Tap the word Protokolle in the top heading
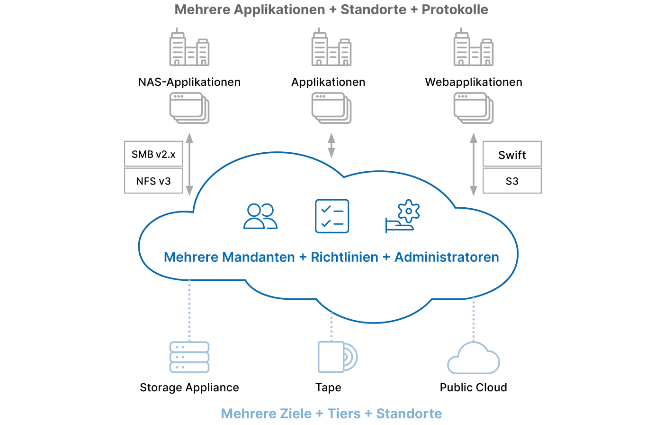[455, 10]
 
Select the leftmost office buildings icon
[189, 48]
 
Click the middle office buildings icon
[331, 48]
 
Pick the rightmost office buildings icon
[474, 48]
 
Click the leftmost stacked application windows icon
[189, 108]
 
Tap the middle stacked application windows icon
[331, 108]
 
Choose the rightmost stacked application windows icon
[474, 108]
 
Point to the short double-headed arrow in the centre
[331, 146]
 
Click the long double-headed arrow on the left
[189, 165]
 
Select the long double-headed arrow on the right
[474, 165]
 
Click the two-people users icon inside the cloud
[260, 216]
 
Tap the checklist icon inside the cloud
[332, 216]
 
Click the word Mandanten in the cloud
[259, 257]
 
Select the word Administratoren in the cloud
[447, 257]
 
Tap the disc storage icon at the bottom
[337, 357]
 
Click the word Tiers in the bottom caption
[344, 414]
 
